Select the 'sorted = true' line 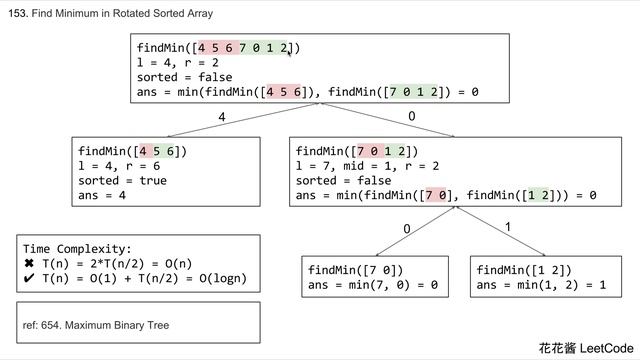click(123, 181)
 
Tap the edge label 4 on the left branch click(222, 118)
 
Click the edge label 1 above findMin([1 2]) click(508, 228)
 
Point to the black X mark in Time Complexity click(29, 264)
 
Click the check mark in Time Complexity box click(29, 279)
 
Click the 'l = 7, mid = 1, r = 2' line click(367, 166)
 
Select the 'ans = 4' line click(103, 196)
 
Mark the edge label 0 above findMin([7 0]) click(407, 230)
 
